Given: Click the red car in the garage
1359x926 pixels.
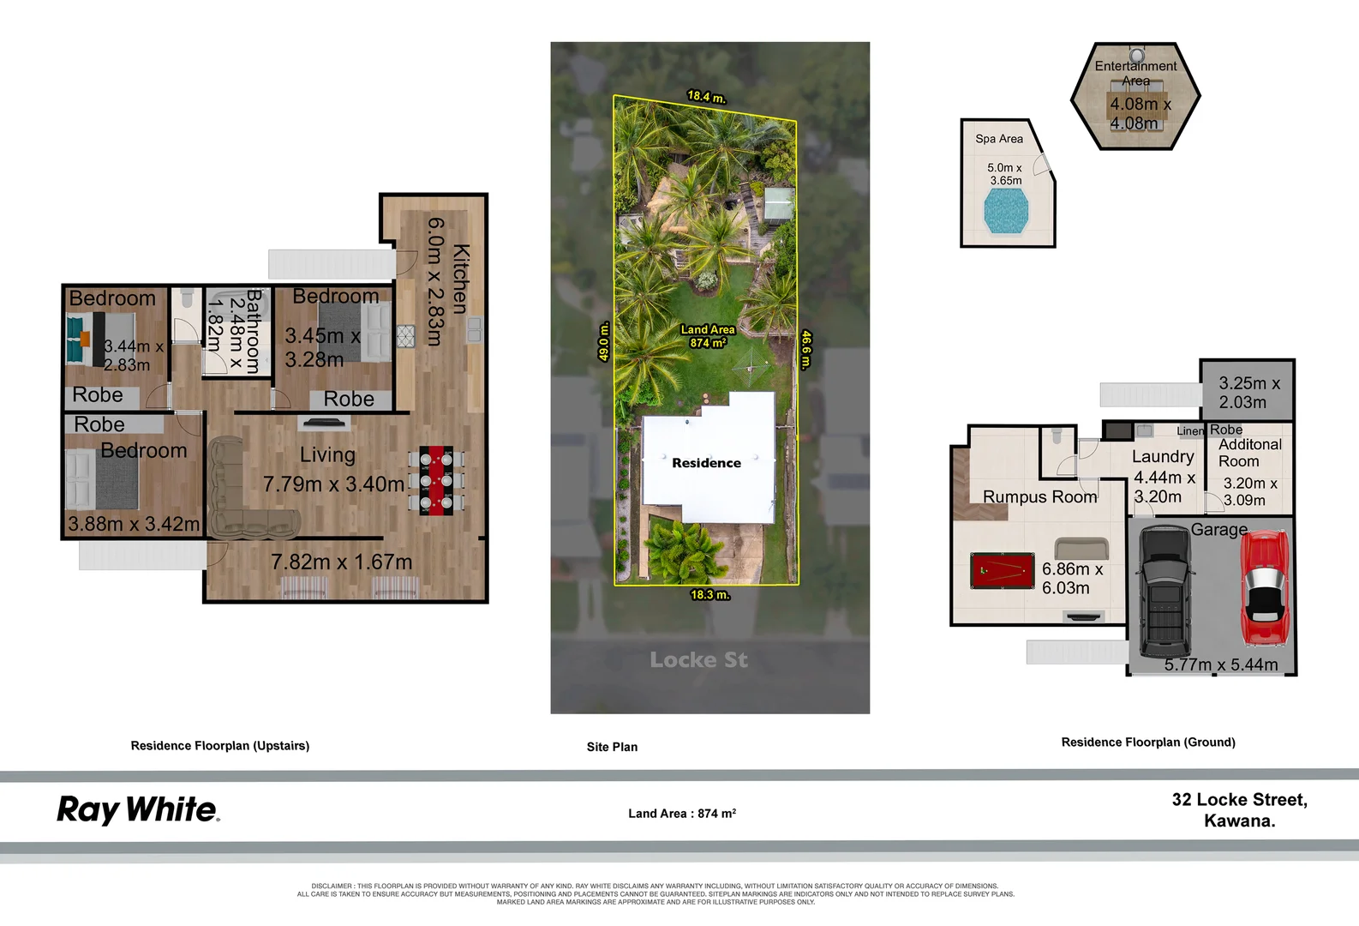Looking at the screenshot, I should tap(1265, 587).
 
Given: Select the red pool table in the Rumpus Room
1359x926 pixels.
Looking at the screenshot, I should tap(1003, 570).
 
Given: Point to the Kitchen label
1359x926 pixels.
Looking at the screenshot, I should tap(460, 279).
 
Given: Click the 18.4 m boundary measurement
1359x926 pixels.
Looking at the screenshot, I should tap(706, 97).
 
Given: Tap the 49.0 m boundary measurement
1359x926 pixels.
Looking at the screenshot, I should tap(603, 341).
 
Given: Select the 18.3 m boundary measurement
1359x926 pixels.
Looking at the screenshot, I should tap(710, 594).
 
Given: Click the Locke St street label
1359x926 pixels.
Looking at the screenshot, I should tap(698, 659).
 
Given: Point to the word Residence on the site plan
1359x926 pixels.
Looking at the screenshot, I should tap(706, 463).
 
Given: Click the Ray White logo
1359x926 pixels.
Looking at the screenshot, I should tap(138, 809).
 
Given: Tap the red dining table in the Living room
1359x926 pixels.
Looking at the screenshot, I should tap(436, 480).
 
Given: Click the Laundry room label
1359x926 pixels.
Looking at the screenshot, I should tap(1163, 457).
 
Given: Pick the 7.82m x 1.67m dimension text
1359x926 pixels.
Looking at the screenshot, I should tap(341, 562).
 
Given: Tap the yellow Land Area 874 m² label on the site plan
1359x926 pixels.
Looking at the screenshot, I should tap(708, 335).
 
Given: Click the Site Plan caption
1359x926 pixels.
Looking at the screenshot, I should tap(612, 747).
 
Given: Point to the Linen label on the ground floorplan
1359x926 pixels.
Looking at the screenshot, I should tap(1190, 431).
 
